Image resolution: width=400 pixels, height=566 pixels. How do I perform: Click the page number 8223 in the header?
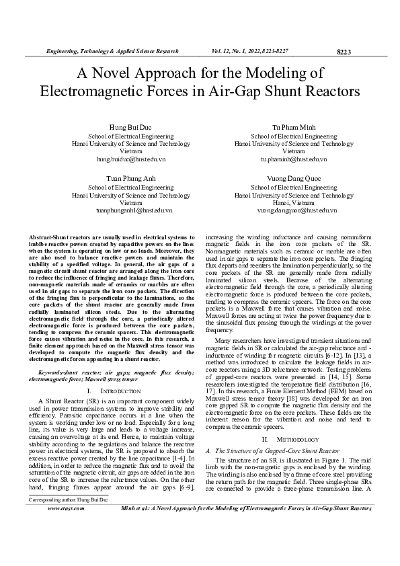[x=344, y=52]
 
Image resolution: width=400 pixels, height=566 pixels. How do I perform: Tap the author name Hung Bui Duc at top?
[x=122, y=127]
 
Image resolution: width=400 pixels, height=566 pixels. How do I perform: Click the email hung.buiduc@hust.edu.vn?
[x=122, y=159]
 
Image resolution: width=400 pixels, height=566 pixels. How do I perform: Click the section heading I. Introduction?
[x=112, y=390]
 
